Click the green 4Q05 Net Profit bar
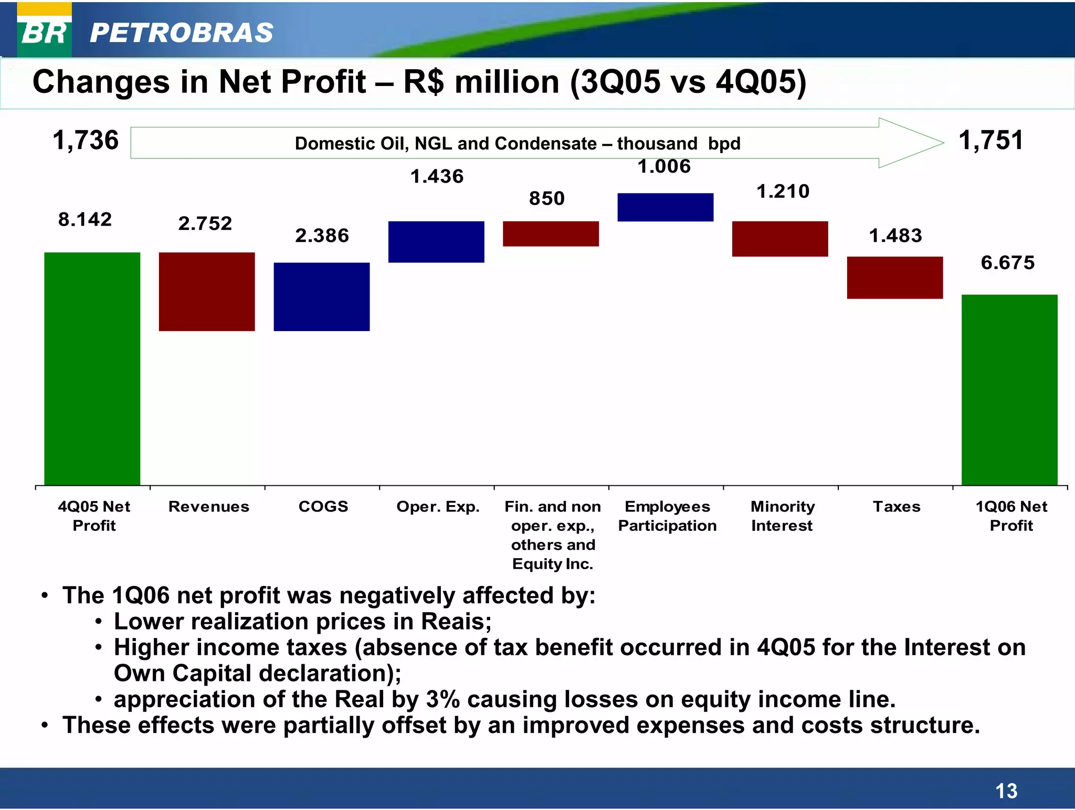click(92, 368)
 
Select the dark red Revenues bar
click(207, 292)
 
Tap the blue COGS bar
click(321, 296)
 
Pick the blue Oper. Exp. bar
click(436, 242)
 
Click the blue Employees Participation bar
click(665, 207)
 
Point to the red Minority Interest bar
click(780, 239)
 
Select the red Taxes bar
click(894, 278)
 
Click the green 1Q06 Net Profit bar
click(1009, 390)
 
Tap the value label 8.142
click(85, 219)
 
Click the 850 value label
click(547, 198)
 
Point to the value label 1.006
click(664, 166)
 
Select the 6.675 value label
click(1008, 262)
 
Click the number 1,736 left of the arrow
click(86, 141)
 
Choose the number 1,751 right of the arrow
click(991, 141)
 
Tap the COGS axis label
click(323, 506)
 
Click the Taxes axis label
click(897, 506)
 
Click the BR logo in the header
click(45, 31)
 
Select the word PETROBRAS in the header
click(182, 33)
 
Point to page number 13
click(1006, 791)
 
